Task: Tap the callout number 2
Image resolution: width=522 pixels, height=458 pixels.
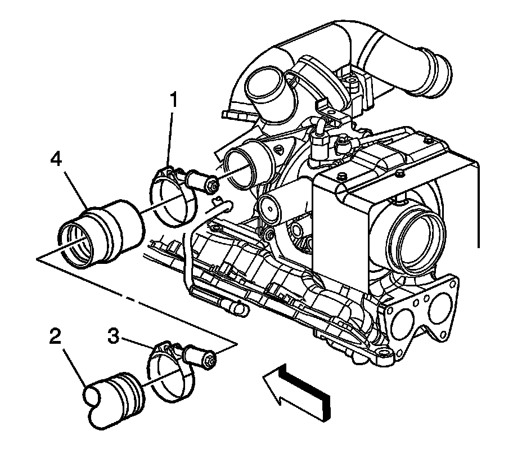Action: point(55,337)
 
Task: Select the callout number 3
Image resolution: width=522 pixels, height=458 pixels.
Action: point(114,338)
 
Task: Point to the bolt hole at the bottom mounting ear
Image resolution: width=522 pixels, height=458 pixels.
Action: point(384,352)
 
